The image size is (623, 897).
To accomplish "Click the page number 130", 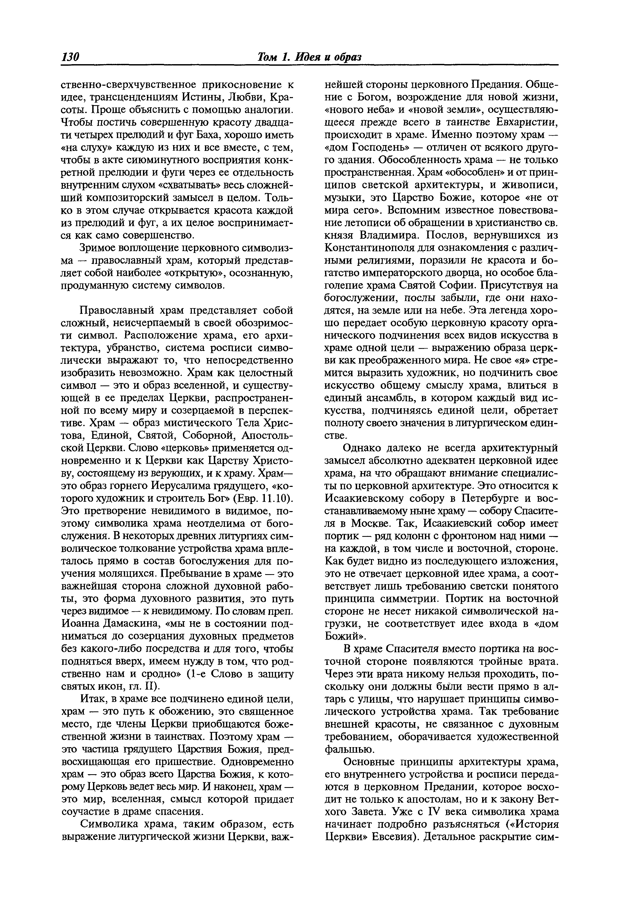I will pyautogui.click(x=71, y=57).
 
